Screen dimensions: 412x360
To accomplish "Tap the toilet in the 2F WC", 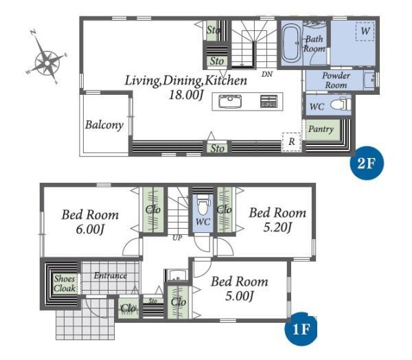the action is (341, 104).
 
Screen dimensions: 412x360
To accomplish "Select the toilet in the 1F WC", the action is (203, 205).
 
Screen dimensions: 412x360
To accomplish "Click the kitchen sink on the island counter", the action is (230, 102).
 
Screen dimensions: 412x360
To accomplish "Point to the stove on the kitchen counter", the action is (268, 102).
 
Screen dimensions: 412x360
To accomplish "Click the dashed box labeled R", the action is (292, 142).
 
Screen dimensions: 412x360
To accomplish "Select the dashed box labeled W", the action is (365, 32).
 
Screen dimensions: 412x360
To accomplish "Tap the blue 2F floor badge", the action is (366, 163).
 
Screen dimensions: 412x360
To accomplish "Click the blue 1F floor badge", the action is (301, 328).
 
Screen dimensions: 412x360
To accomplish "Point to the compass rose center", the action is (47, 63).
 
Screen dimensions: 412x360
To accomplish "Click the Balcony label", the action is (104, 125).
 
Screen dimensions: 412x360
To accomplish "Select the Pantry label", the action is (321, 129).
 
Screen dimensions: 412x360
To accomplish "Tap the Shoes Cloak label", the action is (65, 284).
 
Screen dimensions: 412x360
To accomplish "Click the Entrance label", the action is (111, 275).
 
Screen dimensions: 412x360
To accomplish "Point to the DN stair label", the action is (267, 74).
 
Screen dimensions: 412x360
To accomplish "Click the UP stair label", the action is (177, 238).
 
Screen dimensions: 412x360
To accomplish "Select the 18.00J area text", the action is (186, 95).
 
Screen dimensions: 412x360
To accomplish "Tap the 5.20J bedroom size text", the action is (277, 227).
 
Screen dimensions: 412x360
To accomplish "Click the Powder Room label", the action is (336, 80).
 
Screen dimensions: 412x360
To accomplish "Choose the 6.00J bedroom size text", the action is (90, 229).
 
